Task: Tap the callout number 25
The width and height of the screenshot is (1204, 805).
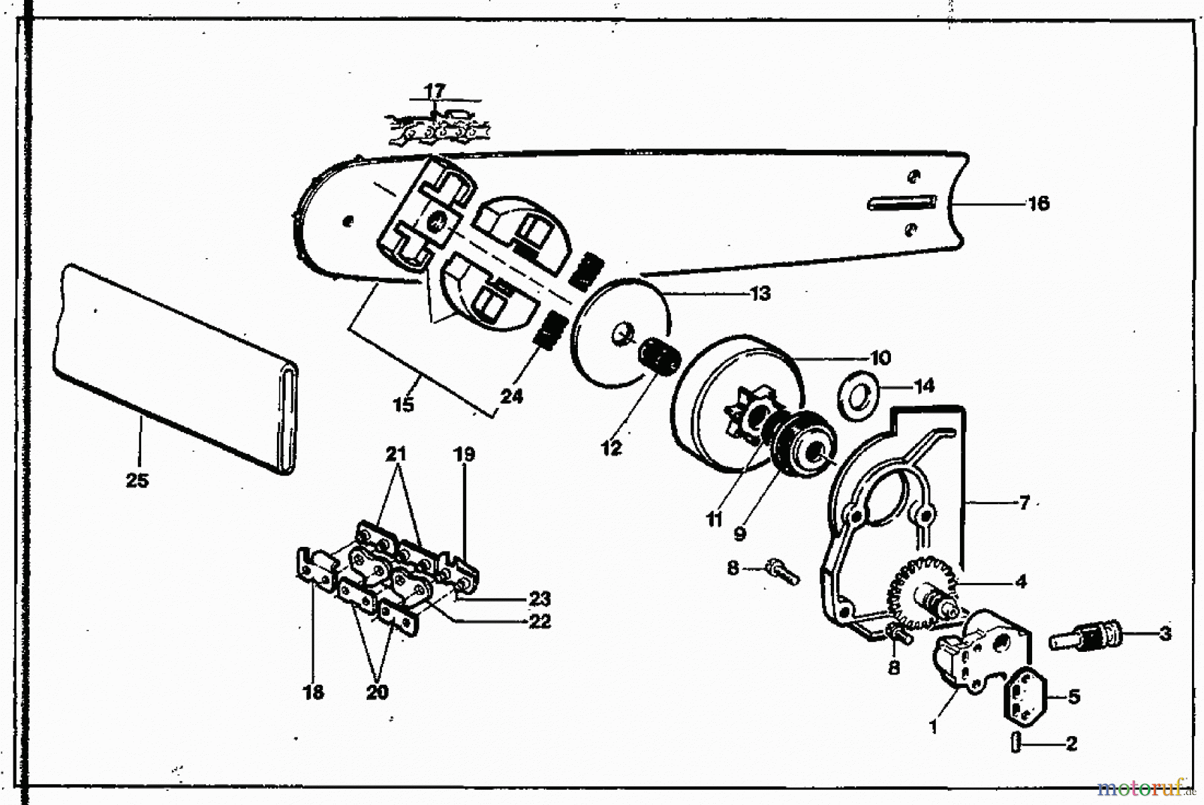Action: point(138,480)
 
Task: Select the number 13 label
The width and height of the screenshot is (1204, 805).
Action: point(761,294)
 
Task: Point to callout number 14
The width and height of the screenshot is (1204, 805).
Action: point(924,386)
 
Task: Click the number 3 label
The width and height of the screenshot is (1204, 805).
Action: point(1165,632)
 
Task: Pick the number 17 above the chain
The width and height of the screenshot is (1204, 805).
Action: point(434,90)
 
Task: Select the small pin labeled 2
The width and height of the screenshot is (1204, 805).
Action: point(1015,742)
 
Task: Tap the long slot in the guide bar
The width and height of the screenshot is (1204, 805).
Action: point(902,202)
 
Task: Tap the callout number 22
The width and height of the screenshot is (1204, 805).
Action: point(539,621)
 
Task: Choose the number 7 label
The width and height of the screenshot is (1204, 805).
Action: point(1024,502)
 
